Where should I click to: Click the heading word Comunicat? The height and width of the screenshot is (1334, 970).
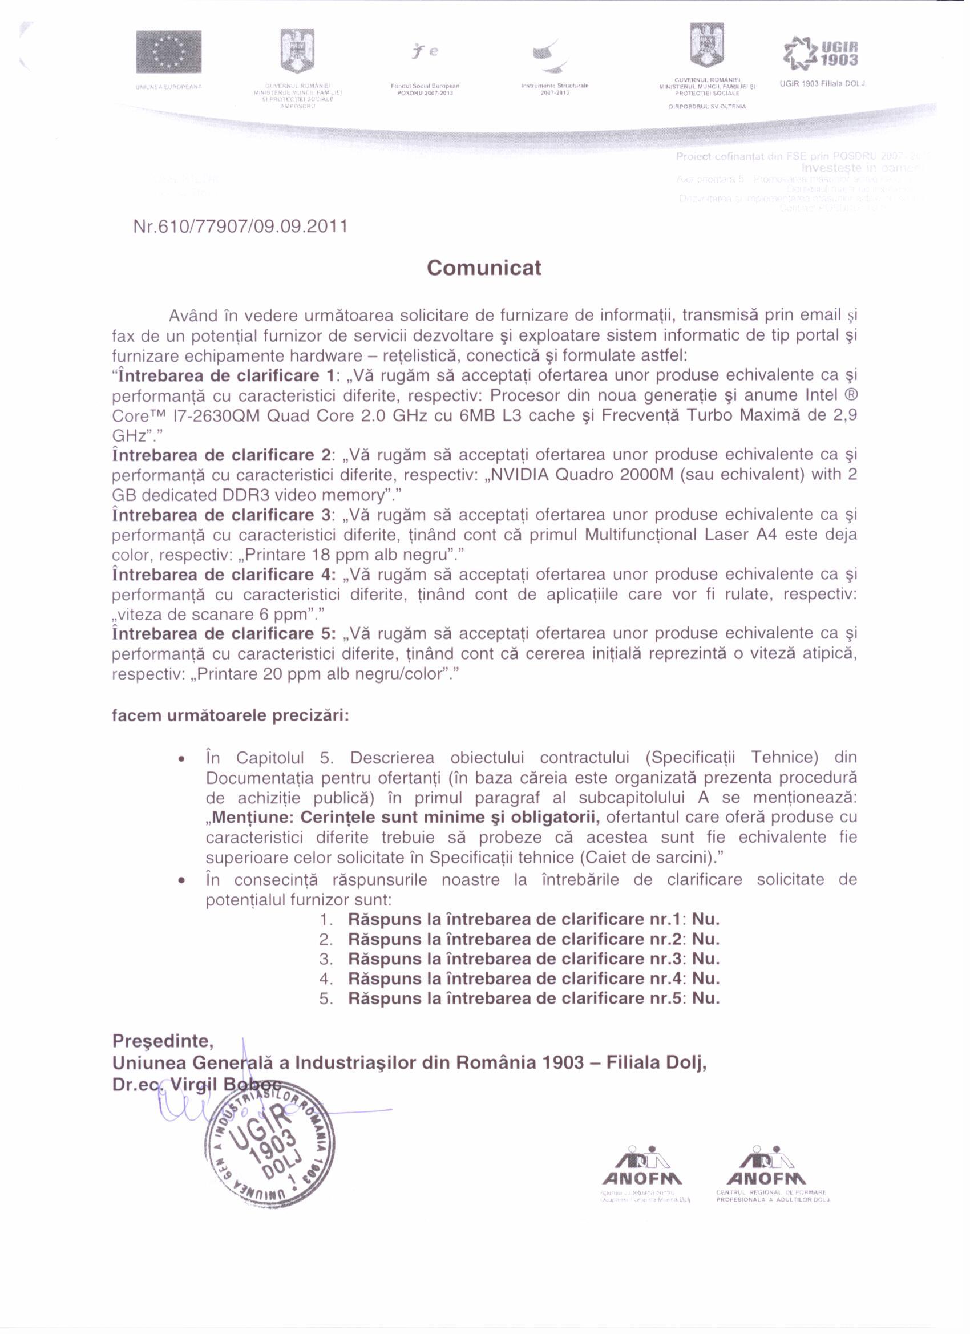483,268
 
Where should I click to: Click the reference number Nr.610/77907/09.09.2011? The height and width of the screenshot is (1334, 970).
241,226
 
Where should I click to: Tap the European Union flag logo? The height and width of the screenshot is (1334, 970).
168,52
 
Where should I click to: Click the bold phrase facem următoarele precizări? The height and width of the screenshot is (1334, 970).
231,716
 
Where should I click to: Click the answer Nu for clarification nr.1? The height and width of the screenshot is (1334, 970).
705,919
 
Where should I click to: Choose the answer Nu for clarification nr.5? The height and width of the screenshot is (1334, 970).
705,998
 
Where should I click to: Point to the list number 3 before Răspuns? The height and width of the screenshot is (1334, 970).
326,959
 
